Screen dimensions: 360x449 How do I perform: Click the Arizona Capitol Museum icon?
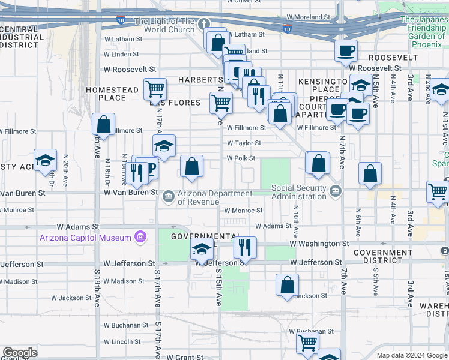(x=140, y=238)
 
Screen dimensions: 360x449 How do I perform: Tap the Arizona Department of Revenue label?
(x=215, y=198)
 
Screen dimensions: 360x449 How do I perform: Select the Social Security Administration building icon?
(x=336, y=192)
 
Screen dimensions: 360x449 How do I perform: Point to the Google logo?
(x=20, y=353)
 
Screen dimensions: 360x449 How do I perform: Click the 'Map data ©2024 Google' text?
(x=412, y=355)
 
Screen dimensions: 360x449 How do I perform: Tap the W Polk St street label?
(x=241, y=158)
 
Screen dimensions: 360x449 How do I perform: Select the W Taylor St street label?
(x=244, y=143)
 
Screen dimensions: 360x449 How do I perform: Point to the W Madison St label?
(x=124, y=281)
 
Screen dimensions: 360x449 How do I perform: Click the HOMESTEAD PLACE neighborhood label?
(x=112, y=94)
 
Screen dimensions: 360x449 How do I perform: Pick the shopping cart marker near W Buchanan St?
(x=307, y=343)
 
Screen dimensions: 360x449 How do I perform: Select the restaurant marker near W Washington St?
(x=244, y=247)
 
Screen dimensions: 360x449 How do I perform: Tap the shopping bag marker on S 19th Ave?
(x=104, y=125)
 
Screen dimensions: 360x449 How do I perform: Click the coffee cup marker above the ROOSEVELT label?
(x=346, y=51)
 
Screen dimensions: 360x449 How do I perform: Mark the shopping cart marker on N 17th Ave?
(x=155, y=89)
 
